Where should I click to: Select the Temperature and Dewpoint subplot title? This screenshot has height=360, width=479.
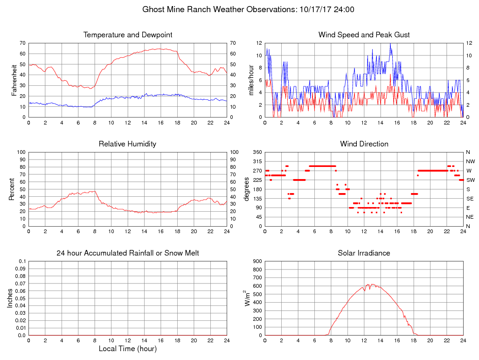(128, 35)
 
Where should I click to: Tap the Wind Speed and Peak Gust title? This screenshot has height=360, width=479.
(364, 35)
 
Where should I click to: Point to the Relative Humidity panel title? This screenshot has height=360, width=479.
(127, 144)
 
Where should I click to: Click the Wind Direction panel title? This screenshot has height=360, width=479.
(364, 144)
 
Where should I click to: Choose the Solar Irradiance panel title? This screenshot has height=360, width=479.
(364, 253)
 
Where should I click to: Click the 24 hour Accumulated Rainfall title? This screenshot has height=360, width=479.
(128, 253)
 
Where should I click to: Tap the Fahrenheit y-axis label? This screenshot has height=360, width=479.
(14, 80)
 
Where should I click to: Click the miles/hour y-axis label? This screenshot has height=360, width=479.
(250, 80)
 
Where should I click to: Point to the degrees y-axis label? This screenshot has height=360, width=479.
(247, 189)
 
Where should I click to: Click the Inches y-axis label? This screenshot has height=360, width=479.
(10, 298)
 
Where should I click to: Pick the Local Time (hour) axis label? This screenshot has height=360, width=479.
(128, 348)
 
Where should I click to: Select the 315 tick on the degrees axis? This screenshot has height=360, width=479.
(257, 161)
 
